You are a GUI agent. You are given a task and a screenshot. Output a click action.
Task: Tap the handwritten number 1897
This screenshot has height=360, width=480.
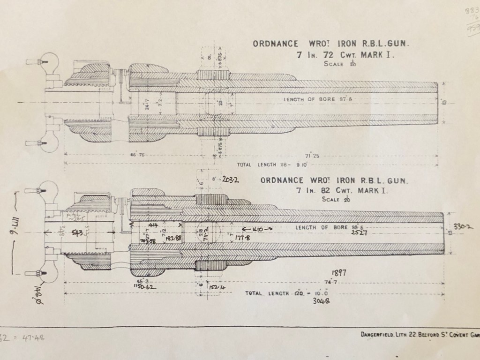click(x=338, y=273)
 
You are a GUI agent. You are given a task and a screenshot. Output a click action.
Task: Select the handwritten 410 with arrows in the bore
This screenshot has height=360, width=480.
click(x=256, y=229)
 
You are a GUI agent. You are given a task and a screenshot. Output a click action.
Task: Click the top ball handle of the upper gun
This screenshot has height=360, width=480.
click(x=50, y=61)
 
